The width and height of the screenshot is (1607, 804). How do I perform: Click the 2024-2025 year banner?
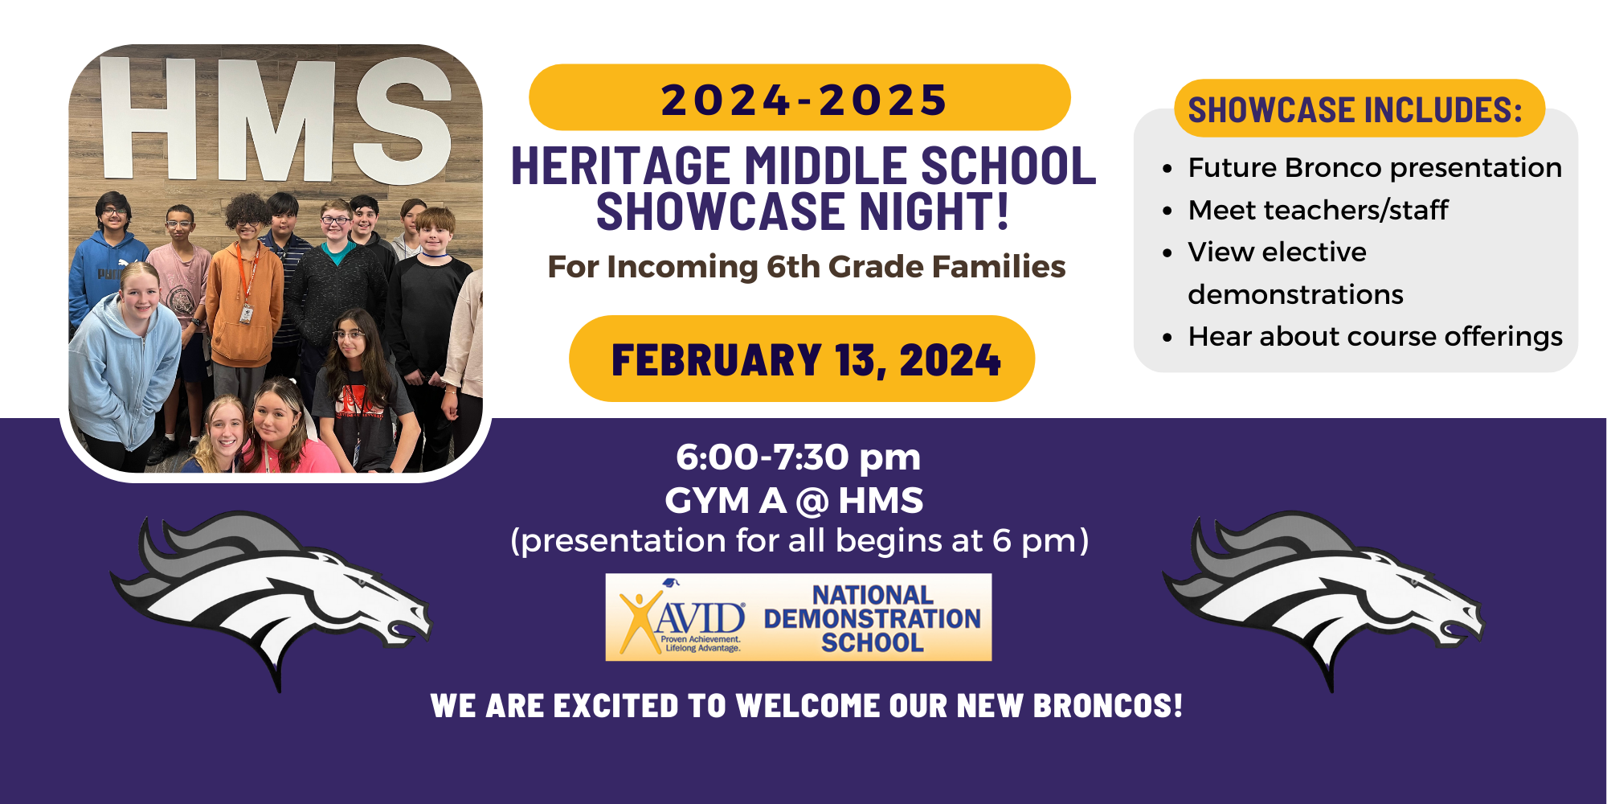[x=800, y=99]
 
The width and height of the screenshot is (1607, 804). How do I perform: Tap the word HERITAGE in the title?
[x=619, y=166]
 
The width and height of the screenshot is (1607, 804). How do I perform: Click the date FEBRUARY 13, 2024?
[x=805, y=359]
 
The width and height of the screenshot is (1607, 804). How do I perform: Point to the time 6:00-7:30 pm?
[x=798, y=457]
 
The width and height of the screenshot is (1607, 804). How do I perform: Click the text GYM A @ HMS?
[x=794, y=501]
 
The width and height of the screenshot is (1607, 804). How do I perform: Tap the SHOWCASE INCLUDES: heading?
[x=1355, y=110]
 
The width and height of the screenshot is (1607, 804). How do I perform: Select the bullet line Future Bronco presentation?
[x=1374, y=168]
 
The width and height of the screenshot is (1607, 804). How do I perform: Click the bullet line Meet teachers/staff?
[x=1318, y=211]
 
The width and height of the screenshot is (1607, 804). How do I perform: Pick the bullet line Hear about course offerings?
[x=1374, y=337]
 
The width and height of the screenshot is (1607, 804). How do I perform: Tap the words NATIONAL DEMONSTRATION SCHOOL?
[x=872, y=618]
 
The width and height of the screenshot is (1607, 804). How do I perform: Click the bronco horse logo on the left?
[x=273, y=595]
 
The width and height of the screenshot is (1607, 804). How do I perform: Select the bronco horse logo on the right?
[x=1324, y=595]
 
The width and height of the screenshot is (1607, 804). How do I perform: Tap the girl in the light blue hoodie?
[x=129, y=354]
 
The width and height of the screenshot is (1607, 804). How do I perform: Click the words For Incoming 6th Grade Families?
[x=806, y=267]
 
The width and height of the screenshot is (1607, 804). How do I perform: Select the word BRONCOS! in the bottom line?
[x=1107, y=706]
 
